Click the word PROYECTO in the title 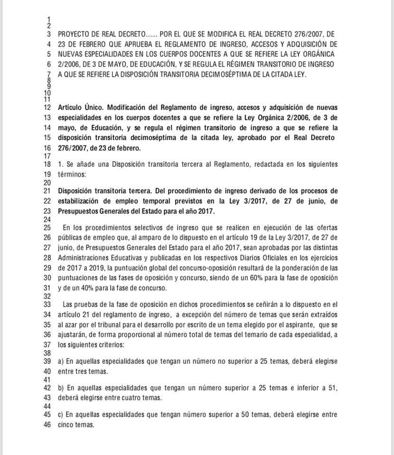point(73,35)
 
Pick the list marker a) point(61,361)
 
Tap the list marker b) point(61,388)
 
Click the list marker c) point(61,415)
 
